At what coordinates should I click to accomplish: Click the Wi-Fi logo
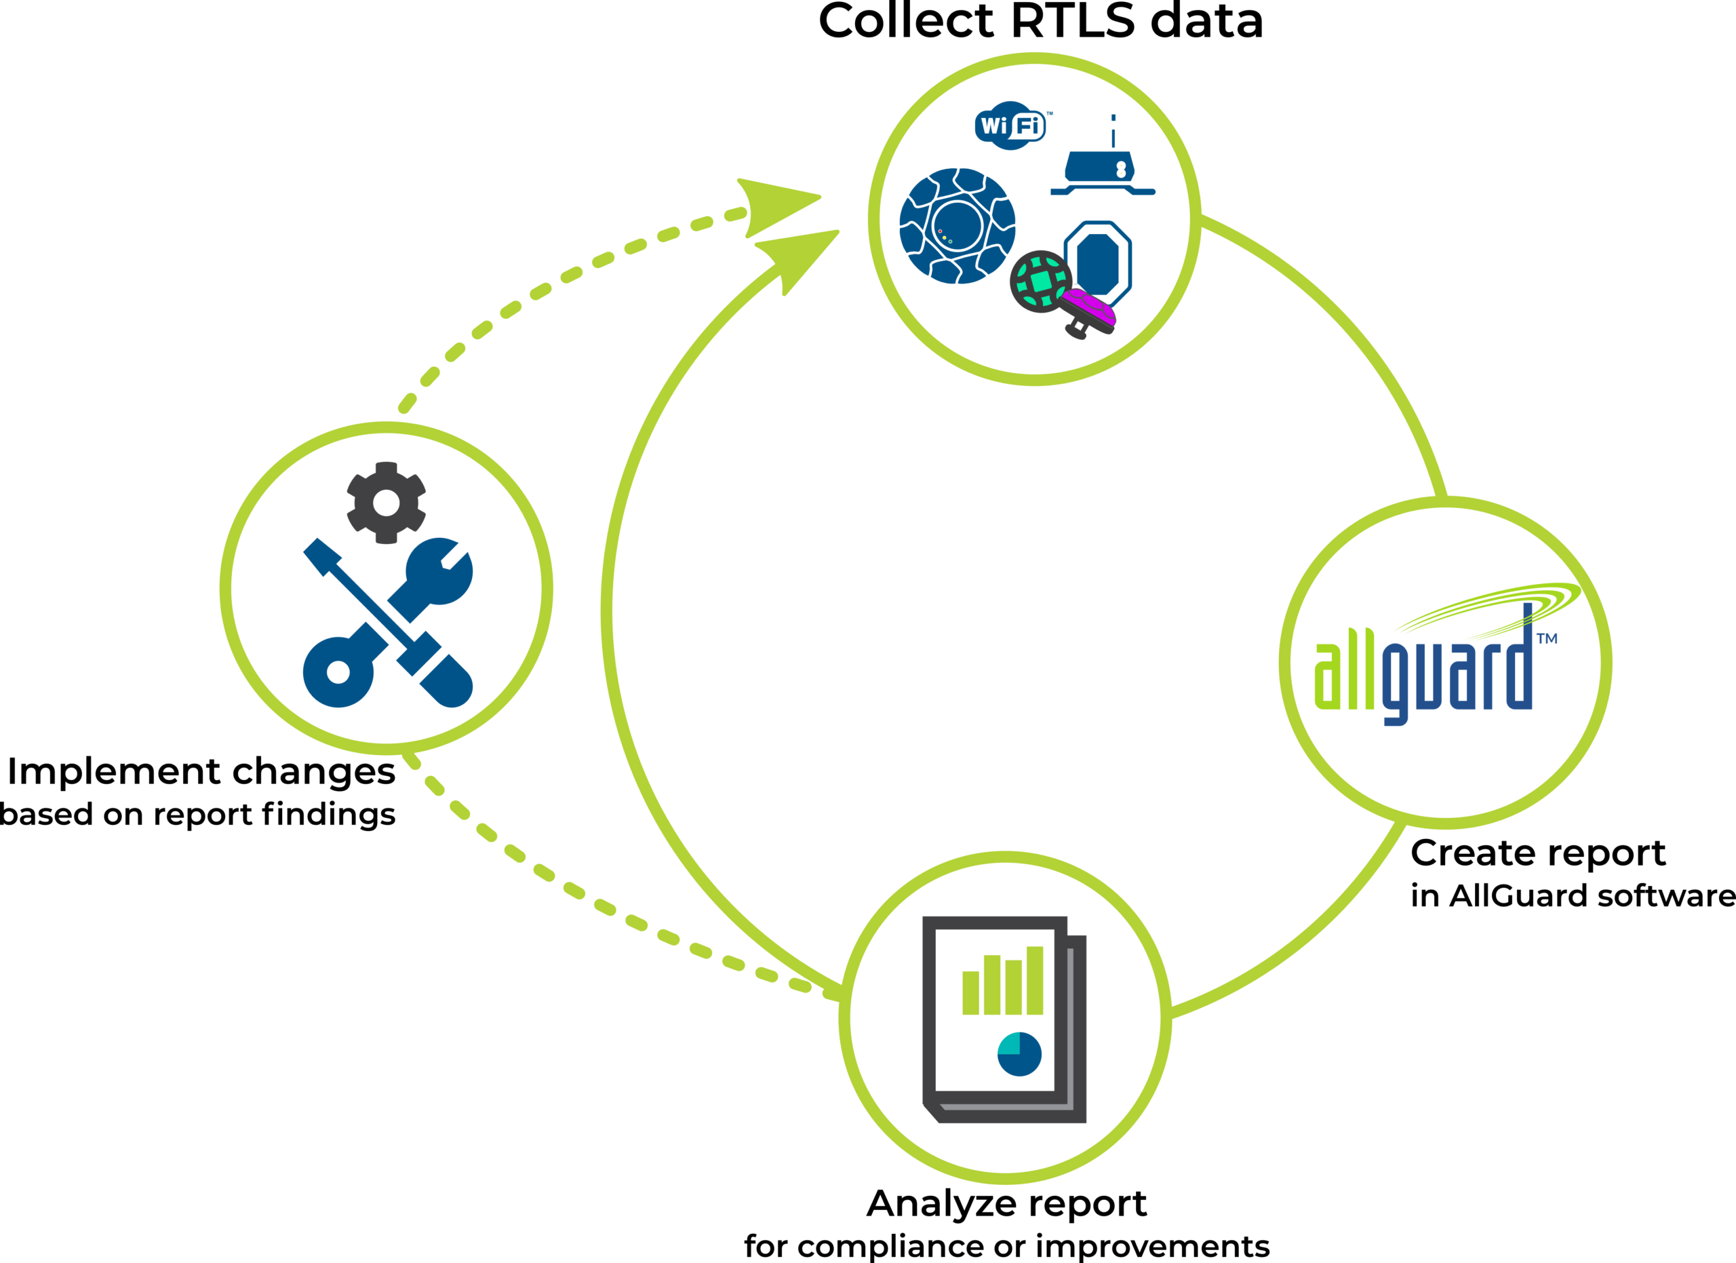[x=1010, y=125]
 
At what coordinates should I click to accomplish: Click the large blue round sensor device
[x=957, y=226]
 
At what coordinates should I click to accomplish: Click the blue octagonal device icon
[x=1099, y=260]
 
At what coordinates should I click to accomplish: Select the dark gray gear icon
[x=386, y=502]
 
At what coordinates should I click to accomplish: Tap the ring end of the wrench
[x=338, y=672]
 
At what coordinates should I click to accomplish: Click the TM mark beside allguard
[x=1547, y=638]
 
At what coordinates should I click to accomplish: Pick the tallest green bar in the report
[x=1035, y=979]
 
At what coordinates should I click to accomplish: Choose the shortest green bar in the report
[x=970, y=993]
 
